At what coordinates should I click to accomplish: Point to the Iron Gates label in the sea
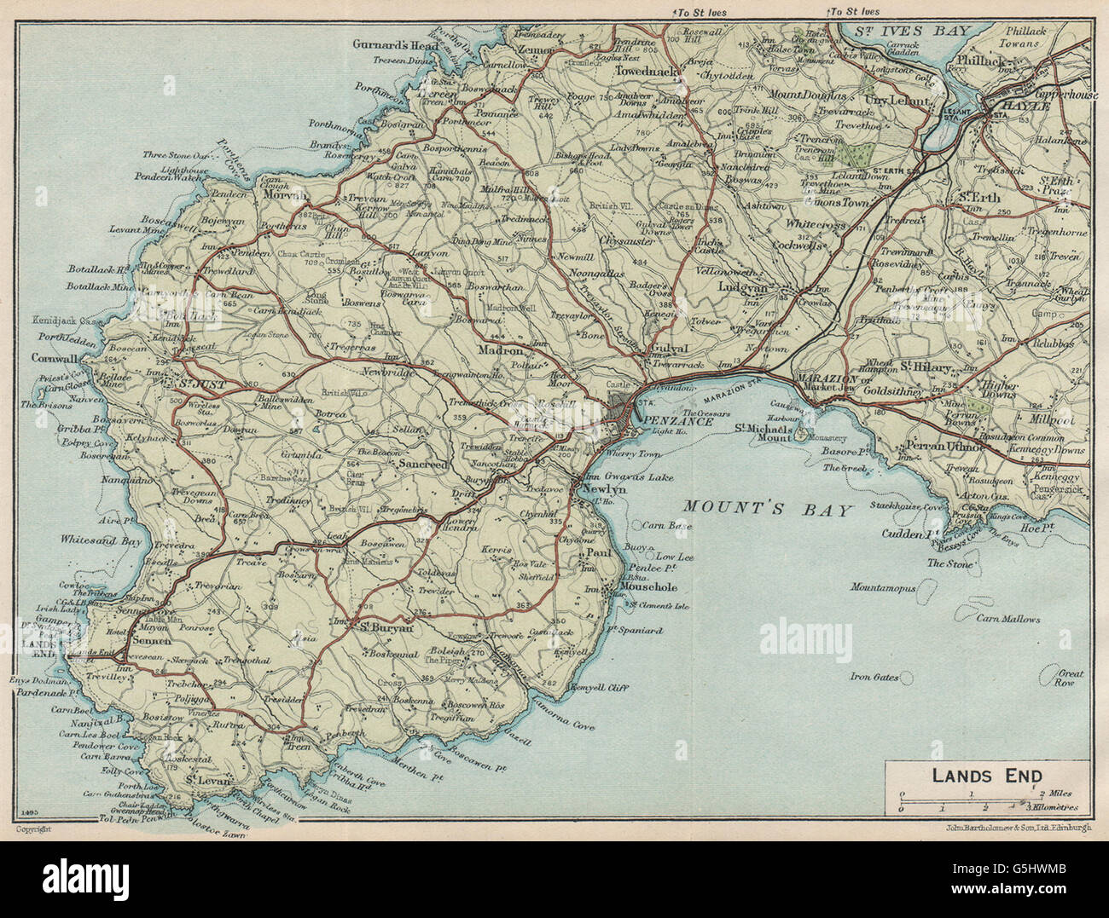click(x=874, y=678)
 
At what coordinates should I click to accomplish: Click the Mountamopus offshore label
click(x=882, y=588)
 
